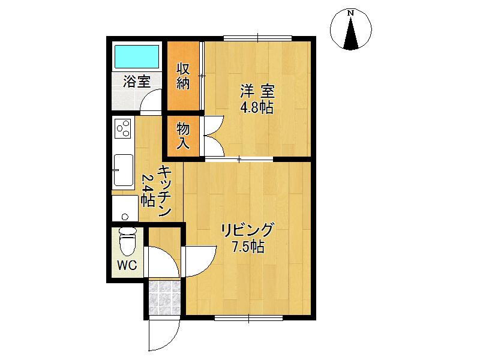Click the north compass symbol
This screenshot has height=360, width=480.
351,29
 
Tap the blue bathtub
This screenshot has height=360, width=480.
136,57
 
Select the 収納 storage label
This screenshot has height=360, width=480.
183,76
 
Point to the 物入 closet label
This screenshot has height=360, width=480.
183,136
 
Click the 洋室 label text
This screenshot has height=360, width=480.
257,92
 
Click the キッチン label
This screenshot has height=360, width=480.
165,191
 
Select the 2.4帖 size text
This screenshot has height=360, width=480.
147,191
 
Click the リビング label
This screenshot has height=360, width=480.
247,230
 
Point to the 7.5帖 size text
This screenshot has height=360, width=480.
247,247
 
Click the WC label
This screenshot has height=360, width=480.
127,265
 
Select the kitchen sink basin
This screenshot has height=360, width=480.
124,170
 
